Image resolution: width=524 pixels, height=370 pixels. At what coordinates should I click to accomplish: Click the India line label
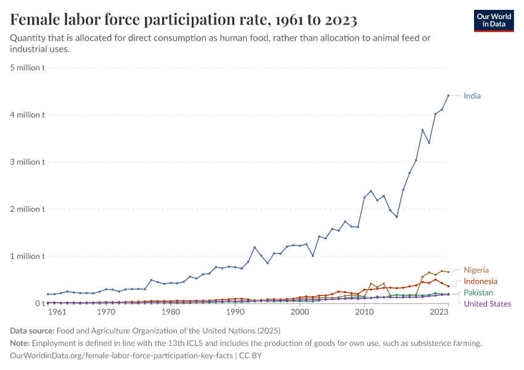pos(472,96)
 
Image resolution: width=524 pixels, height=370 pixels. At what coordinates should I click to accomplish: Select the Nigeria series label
pos(476,270)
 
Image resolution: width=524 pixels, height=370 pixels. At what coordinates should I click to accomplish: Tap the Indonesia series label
pos(480,281)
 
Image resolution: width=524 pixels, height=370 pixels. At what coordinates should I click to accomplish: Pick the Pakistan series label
pos(478,292)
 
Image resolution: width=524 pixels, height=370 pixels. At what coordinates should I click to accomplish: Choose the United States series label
pos(487,303)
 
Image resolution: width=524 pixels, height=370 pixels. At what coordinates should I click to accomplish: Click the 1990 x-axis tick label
pos(235,313)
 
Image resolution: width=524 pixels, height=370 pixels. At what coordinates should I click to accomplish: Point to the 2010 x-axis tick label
pos(364,313)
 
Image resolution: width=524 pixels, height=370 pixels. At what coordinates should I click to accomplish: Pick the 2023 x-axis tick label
pos(439,313)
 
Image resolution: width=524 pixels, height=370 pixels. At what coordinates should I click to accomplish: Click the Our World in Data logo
pos(494,20)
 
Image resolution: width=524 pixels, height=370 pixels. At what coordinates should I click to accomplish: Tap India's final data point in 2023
pos(448,96)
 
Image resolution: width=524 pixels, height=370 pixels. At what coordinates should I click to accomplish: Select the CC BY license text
pos(250,356)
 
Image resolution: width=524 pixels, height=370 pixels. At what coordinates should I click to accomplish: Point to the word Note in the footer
pos(20,343)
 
